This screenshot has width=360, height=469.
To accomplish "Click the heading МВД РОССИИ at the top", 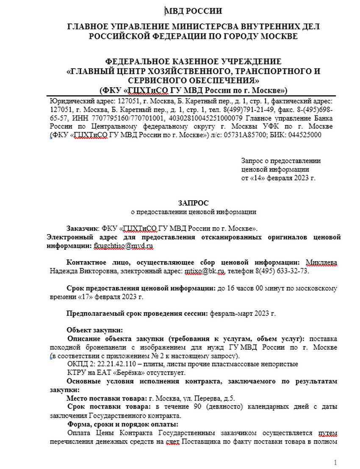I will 193,11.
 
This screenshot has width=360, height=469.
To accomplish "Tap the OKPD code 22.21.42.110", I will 123,364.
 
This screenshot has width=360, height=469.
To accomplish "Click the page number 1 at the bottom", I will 335,462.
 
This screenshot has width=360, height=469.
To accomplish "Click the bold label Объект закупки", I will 95,330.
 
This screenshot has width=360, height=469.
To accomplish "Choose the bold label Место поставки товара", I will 105,398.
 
